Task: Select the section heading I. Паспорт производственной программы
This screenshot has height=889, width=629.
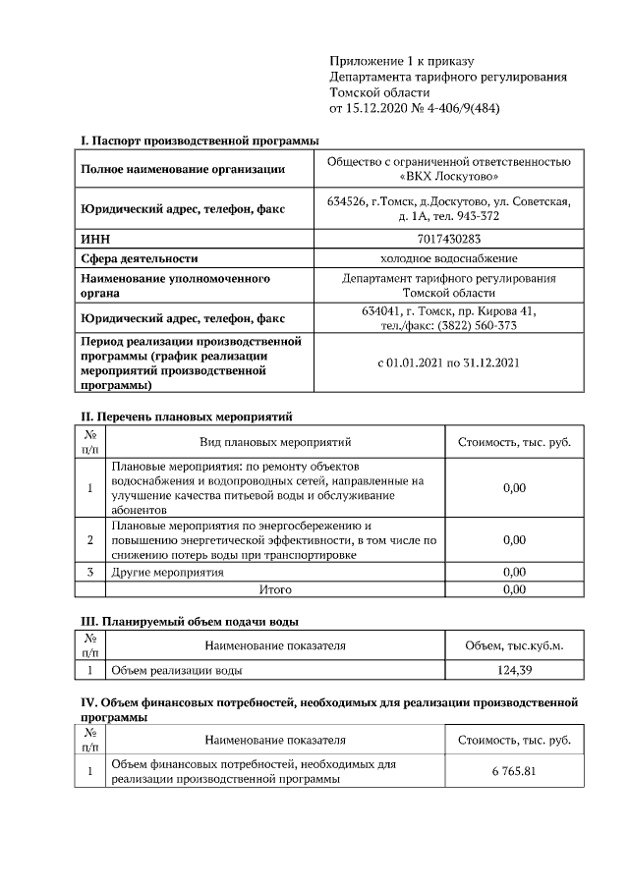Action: coord(200,142)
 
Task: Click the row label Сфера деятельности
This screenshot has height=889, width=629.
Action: coord(140,258)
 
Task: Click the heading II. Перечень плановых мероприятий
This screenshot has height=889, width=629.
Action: coord(186,417)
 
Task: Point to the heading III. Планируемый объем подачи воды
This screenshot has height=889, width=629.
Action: coord(189,621)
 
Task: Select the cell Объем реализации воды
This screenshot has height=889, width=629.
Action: coord(177,670)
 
